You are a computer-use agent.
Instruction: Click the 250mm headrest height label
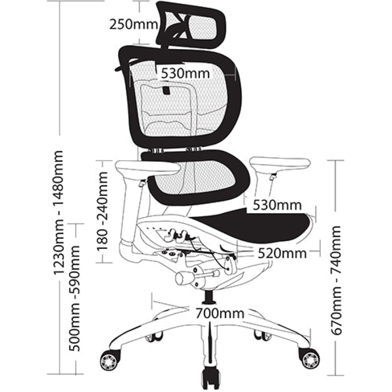(x=133, y=24)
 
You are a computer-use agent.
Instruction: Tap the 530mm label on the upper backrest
(x=185, y=73)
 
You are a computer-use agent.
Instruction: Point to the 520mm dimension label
(x=282, y=253)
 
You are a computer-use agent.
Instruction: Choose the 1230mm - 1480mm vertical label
(x=59, y=211)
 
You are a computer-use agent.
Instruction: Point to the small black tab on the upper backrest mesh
(x=167, y=91)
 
